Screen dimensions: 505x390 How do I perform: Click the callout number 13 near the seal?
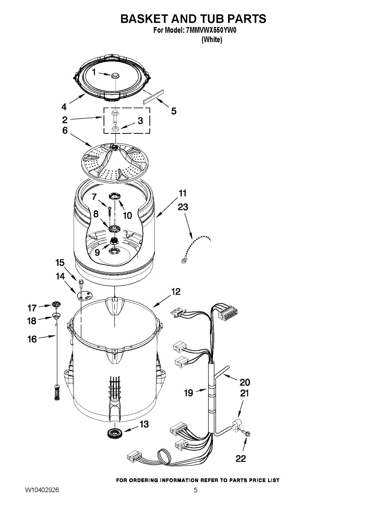click(x=144, y=424)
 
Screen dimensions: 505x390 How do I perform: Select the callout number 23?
click(x=183, y=207)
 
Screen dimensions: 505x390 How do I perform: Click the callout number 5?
click(x=173, y=111)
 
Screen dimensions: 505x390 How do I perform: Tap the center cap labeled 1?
click(x=114, y=75)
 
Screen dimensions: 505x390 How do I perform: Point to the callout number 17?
click(x=32, y=308)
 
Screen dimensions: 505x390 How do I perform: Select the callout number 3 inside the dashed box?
click(x=140, y=121)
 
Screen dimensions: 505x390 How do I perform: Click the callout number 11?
click(x=183, y=194)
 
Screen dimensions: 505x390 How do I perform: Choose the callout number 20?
click(x=244, y=382)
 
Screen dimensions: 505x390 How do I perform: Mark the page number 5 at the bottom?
click(x=196, y=490)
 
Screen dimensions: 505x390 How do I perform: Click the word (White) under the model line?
click(x=212, y=40)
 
